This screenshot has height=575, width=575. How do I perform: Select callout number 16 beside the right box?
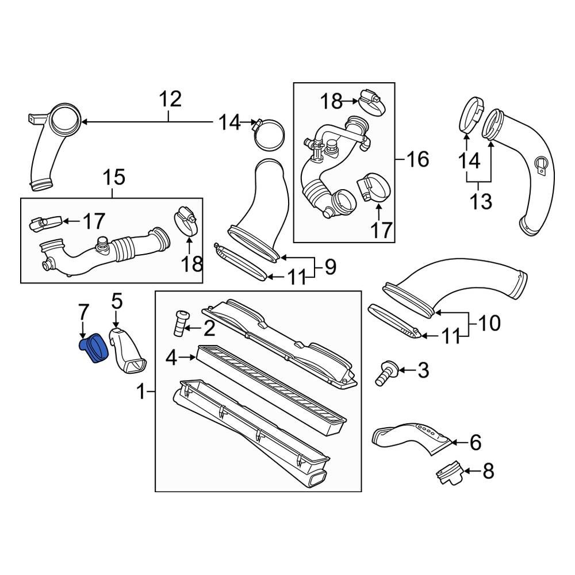[x=418, y=159]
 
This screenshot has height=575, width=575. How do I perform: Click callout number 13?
[x=480, y=201]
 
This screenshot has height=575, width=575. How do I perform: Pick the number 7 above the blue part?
[x=84, y=314]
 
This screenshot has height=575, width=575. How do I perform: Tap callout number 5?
[x=117, y=301]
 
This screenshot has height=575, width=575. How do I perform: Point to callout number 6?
[x=475, y=442]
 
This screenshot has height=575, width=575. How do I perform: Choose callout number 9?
[x=330, y=267]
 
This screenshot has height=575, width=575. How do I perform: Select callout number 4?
[x=171, y=359]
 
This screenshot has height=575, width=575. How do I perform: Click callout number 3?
[x=423, y=371]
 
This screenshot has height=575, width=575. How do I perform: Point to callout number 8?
[x=487, y=471]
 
